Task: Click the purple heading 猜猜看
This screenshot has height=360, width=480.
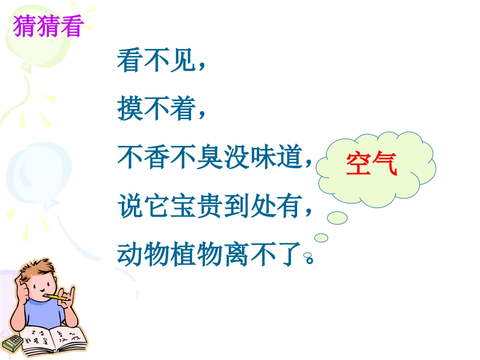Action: tap(47, 27)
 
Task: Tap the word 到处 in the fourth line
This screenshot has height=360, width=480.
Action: tap(247, 205)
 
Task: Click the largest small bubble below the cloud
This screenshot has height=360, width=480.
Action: tap(337, 218)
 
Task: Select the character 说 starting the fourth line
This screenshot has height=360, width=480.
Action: tap(129, 205)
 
